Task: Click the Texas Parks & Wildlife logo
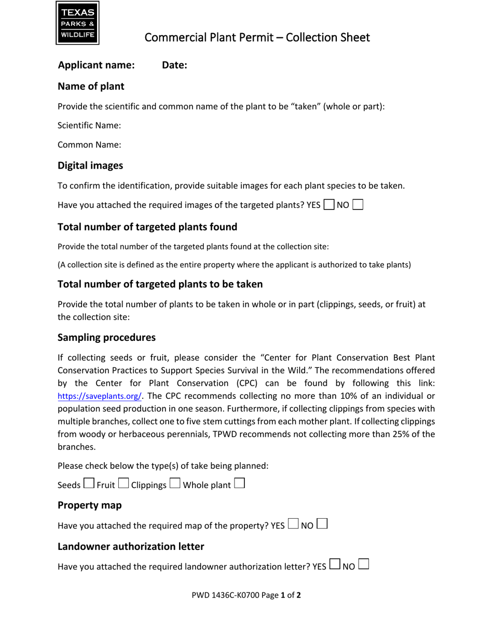(x=77, y=23)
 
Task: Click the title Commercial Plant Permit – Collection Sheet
(x=257, y=37)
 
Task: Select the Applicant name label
(x=97, y=65)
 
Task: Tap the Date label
(x=174, y=65)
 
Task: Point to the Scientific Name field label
(x=89, y=125)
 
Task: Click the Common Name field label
(x=89, y=145)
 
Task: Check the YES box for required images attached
(x=329, y=204)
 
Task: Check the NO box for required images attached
(x=358, y=204)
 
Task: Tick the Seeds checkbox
(x=89, y=484)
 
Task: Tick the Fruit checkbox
(x=124, y=484)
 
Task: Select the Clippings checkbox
(x=175, y=484)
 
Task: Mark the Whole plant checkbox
(x=239, y=484)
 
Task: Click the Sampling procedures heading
(x=106, y=338)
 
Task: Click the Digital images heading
(x=90, y=165)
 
